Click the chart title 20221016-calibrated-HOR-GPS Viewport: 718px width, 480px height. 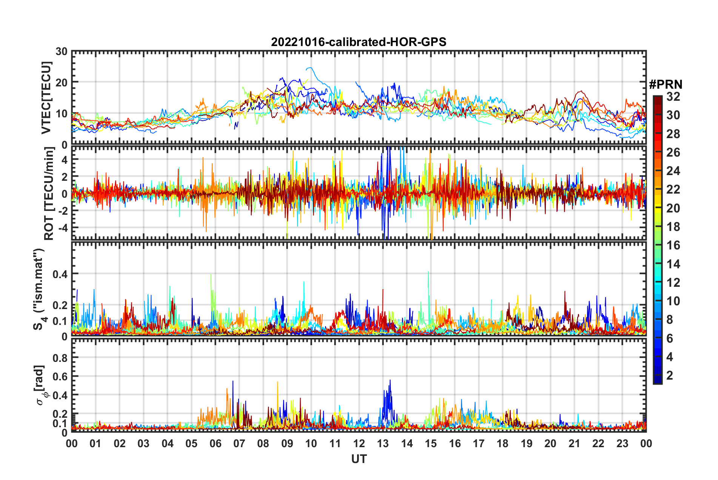359,42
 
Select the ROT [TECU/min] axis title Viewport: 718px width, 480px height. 49,193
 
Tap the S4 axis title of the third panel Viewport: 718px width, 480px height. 39,289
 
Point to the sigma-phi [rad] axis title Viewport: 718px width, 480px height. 41,385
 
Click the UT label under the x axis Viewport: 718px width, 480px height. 359,459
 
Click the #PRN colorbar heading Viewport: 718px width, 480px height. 666,85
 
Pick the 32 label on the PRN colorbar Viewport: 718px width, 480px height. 673,97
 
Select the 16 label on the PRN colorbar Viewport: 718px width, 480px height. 673,245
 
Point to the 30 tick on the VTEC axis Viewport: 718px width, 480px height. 62,52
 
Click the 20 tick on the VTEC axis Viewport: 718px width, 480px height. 62,82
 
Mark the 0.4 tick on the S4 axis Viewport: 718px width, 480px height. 60,274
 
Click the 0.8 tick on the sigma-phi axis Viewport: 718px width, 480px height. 60,357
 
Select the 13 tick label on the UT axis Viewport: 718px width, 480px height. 383,443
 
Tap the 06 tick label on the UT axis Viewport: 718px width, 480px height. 215,443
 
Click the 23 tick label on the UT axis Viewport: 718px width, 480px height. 622,443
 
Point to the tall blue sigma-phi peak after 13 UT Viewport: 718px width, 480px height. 390,380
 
